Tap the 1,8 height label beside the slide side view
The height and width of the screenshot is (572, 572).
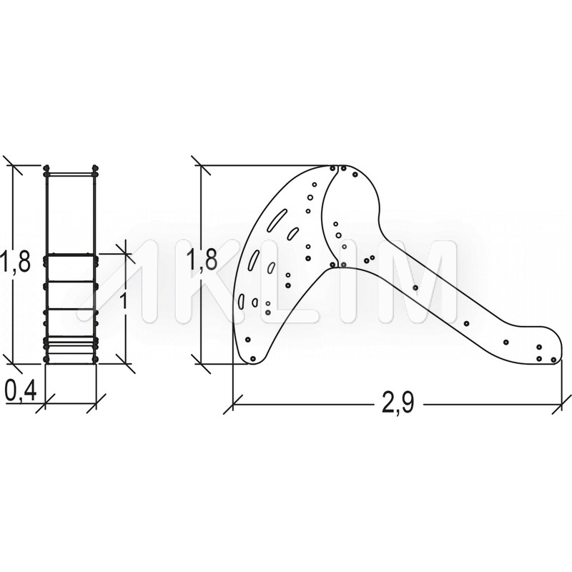coord(202,260)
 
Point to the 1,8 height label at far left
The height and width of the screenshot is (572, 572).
coord(14,262)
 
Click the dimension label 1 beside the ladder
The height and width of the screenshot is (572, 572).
coord(123,301)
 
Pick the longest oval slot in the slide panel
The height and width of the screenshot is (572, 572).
coord(277,220)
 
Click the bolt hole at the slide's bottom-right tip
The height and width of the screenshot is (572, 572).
coord(553,360)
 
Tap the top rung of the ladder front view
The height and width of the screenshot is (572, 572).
coord(71,256)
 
